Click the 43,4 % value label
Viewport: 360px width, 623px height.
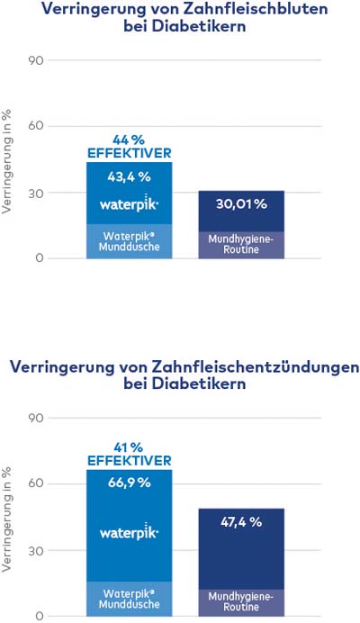(x=129, y=176)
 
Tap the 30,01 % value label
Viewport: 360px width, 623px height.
(x=241, y=203)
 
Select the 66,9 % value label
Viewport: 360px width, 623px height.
(x=129, y=483)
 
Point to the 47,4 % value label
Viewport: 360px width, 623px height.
(x=241, y=521)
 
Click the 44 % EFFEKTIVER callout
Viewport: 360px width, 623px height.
(x=129, y=147)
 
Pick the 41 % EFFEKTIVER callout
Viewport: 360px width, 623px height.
(x=129, y=454)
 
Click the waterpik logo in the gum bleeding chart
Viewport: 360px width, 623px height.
(x=129, y=203)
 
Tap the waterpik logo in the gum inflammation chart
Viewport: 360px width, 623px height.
(x=129, y=531)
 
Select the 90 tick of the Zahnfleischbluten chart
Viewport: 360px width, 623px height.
(x=35, y=60)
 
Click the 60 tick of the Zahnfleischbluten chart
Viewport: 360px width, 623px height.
(x=35, y=126)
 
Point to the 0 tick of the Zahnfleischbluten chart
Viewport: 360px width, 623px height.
(x=39, y=258)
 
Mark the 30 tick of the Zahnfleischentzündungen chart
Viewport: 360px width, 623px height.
(x=35, y=550)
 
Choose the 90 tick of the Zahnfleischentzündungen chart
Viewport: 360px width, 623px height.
(x=35, y=418)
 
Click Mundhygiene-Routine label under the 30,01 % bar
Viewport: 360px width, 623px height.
(x=241, y=244)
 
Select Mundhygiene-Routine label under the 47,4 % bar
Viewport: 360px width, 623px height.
(x=241, y=602)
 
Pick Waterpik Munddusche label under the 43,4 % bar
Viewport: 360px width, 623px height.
(x=129, y=241)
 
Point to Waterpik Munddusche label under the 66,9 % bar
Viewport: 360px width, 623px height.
(x=129, y=600)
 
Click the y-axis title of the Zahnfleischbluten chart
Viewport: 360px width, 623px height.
(x=7, y=162)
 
